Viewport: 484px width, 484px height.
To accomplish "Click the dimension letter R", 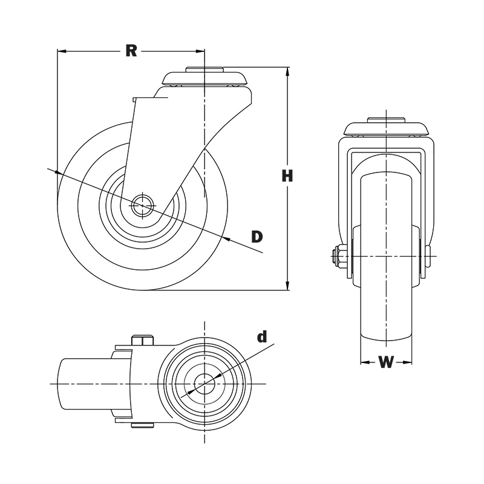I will (131, 51).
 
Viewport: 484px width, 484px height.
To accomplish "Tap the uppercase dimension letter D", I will (257, 236).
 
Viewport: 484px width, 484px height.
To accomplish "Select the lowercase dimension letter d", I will (261, 337).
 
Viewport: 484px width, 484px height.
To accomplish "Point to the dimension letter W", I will (386, 362).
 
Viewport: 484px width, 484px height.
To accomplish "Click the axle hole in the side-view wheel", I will (143, 204).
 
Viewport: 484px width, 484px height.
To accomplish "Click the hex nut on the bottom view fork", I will (142, 341).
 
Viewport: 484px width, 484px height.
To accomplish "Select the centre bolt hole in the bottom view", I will (204, 384).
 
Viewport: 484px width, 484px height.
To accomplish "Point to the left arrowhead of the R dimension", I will (60, 51).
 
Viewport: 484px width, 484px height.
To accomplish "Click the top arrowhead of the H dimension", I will (288, 71).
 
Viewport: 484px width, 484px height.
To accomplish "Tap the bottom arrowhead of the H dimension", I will (288, 286).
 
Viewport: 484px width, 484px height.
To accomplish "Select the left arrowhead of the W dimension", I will (364, 363).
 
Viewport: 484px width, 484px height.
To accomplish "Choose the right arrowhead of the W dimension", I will (409, 363).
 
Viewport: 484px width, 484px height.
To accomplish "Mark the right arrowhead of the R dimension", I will (201, 51).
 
